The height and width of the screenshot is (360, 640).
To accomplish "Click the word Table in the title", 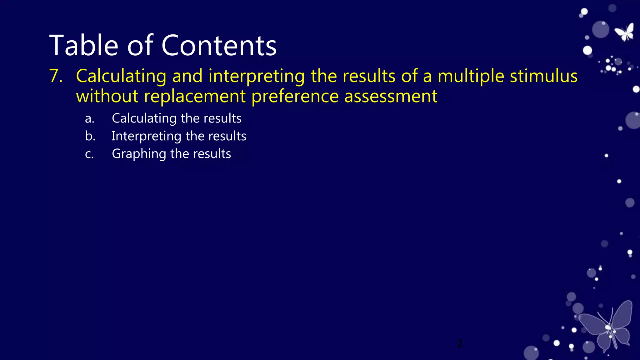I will (x=83, y=46).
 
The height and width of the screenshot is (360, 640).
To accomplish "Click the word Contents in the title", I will (x=219, y=46).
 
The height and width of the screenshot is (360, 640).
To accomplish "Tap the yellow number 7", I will (x=56, y=76).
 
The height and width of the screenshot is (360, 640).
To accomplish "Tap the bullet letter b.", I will (x=90, y=136).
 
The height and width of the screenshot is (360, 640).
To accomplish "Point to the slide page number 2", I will (x=460, y=343).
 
